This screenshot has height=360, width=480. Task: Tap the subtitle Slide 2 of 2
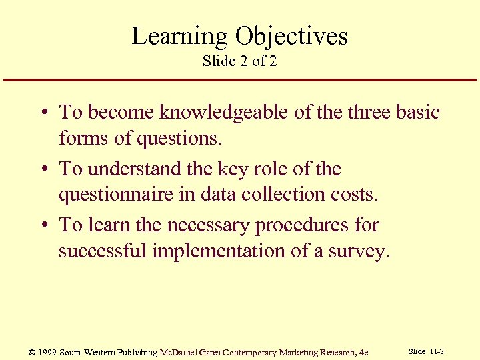click(x=239, y=61)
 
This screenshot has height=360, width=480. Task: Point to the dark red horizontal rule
click(x=240, y=81)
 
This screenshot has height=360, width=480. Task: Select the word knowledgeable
click(x=225, y=112)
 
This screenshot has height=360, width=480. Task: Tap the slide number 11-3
click(x=437, y=351)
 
